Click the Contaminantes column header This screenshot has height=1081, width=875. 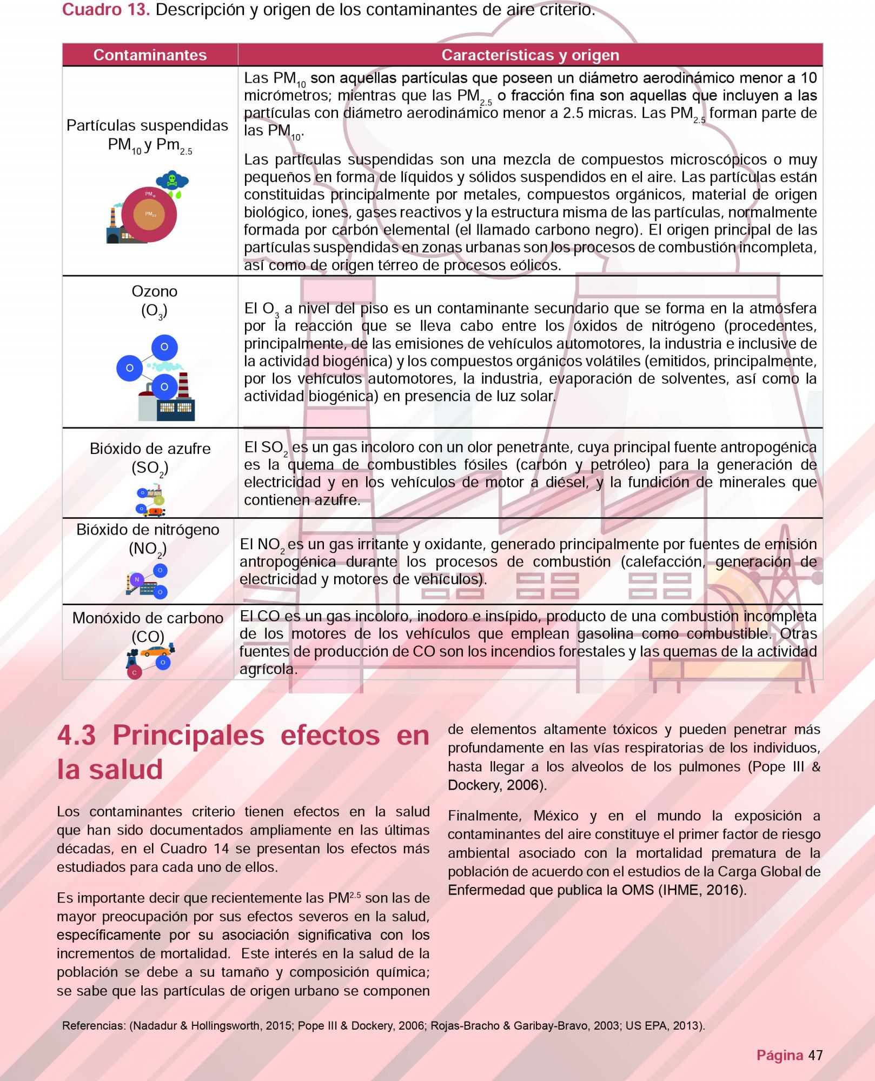click(150, 55)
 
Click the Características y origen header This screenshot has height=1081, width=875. click(530, 55)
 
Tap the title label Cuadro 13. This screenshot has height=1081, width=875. click(105, 9)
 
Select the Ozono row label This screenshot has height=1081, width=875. click(154, 291)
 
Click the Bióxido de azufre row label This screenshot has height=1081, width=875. click(150, 449)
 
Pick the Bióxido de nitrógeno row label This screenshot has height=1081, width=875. click(148, 530)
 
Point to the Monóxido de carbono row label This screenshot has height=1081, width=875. click(148, 618)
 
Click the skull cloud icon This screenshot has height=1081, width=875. click(172, 181)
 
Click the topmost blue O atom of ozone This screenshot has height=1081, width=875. click(164, 347)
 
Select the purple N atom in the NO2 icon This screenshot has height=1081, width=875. click(137, 579)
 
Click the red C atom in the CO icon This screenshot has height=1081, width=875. click(134, 673)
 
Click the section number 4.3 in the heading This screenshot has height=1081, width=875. click(77, 736)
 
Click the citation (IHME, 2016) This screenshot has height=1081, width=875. click(702, 890)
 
